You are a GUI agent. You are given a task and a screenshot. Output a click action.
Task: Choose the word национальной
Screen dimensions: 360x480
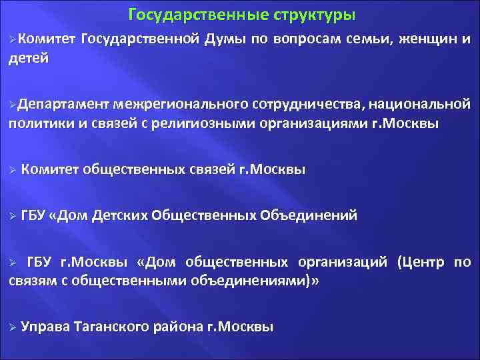420,104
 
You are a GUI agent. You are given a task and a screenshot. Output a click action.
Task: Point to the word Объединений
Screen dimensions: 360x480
308,215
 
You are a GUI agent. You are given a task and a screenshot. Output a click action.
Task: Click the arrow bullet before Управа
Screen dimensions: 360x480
13,327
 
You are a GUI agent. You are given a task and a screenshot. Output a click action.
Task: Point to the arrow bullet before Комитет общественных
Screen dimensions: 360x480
13,169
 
